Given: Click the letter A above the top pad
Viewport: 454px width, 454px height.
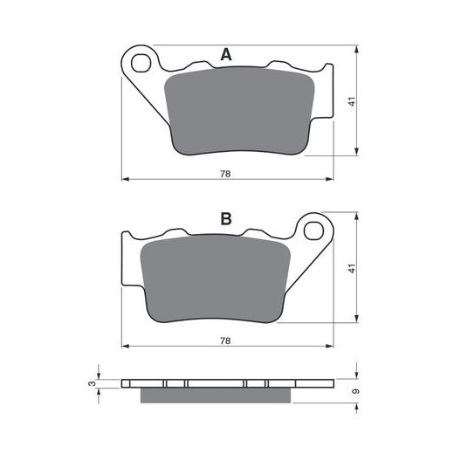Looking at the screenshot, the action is (226, 54).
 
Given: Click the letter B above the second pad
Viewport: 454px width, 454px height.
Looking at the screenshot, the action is (226, 219).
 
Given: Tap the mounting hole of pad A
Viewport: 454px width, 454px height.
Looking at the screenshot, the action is (141, 63).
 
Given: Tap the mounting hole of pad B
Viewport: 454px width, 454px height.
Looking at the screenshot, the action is (313, 230).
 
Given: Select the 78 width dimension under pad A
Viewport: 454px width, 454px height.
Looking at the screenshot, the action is (225, 174).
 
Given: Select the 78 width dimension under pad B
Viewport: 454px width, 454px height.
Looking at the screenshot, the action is (225, 340).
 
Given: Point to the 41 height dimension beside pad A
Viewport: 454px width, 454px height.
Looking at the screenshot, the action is (353, 101).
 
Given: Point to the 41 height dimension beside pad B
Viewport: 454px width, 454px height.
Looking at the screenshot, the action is (353, 268).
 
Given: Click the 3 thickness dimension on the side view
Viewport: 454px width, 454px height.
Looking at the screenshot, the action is (92, 383).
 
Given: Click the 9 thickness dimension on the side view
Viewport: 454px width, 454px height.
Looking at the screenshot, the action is (355, 391).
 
